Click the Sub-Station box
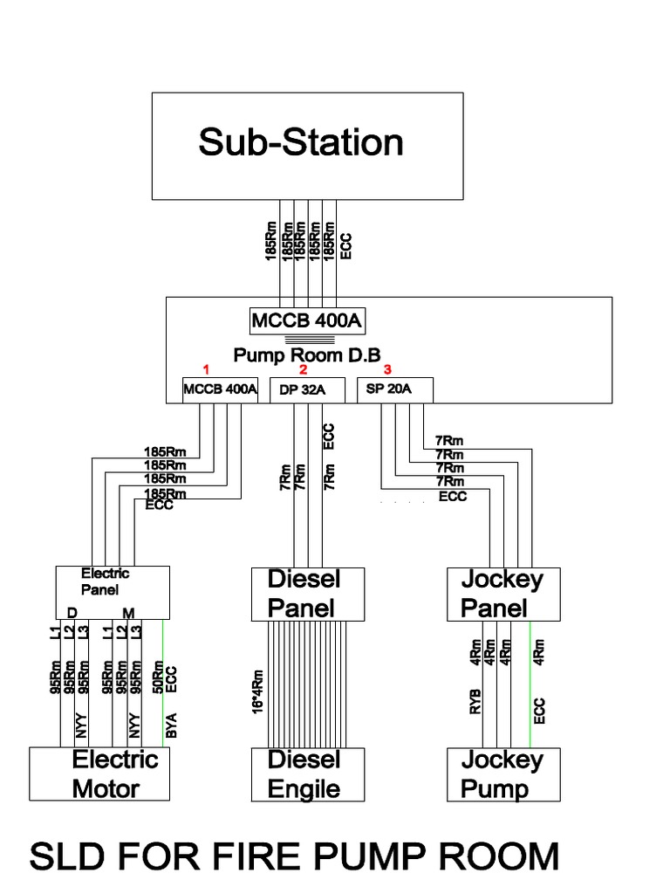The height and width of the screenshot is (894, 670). (x=308, y=145)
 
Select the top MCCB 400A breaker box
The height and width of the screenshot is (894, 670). (x=306, y=321)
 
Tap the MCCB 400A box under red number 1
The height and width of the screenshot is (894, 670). (x=220, y=389)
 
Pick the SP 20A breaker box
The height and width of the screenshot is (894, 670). (x=394, y=389)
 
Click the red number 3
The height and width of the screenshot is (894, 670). (x=387, y=369)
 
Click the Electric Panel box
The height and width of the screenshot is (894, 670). (x=113, y=593)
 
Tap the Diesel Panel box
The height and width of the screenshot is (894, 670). (x=304, y=594)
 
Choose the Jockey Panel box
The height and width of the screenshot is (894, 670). (x=501, y=594)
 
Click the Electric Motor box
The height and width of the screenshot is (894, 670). (x=100, y=774)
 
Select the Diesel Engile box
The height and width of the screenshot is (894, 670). (x=304, y=774)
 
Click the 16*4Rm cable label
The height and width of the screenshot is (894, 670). (x=257, y=692)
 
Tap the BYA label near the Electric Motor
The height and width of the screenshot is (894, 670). (x=172, y=726)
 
